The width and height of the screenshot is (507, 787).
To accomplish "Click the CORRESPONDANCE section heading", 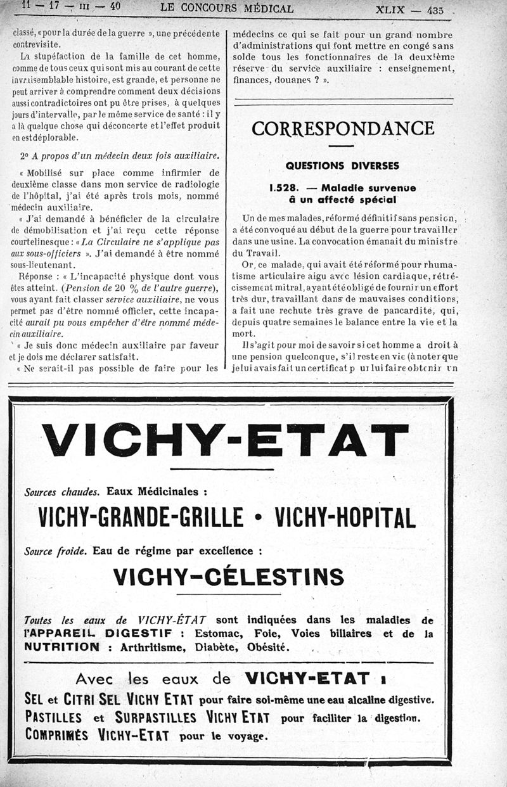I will (x=342, y=128).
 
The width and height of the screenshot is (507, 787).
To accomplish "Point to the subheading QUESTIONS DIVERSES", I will (x=342, y=165).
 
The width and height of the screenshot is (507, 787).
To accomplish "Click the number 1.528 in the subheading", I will (x=284, y=188).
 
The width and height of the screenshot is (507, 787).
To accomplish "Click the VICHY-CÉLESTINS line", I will (x=228, y=576).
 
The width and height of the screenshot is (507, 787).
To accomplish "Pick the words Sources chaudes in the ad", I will (x=61, y=491).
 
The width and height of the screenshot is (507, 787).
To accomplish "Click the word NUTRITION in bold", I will (x=61, y=647).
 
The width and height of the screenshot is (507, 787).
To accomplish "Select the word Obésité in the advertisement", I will (x=266, y=647).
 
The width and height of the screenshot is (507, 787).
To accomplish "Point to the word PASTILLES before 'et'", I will (x=54, y=718).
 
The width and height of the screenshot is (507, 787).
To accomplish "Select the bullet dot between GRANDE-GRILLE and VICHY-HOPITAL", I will (x=258, y=519).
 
